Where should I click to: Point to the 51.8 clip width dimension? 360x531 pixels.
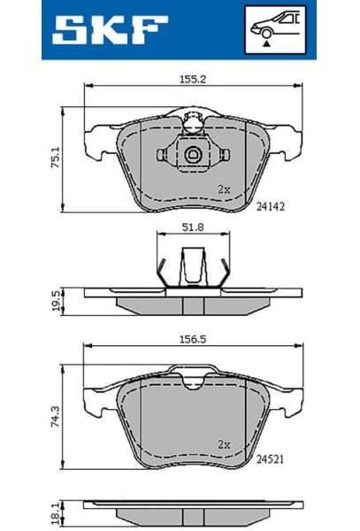[x=193, y=227]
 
